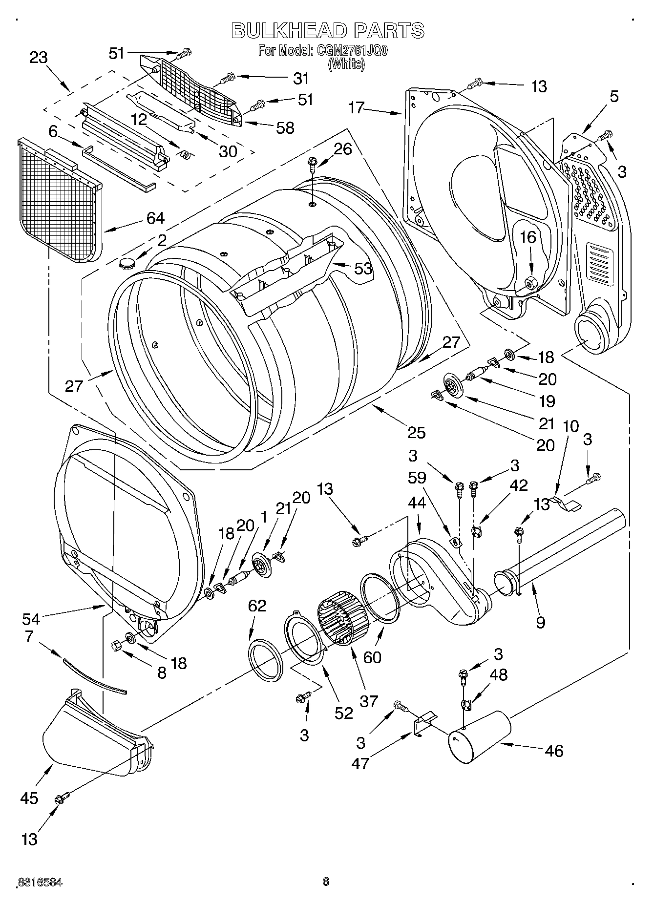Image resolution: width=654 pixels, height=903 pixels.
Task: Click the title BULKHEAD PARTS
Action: (x=327, y=30)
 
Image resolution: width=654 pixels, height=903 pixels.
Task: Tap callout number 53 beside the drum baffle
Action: (x=363, y=268)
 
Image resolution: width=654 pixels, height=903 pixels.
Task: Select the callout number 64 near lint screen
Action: (x=155, y=218)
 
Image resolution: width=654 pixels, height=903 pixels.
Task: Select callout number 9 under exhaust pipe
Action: (x=540, y=622)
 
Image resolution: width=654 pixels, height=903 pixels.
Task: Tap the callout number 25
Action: (x=417, y=432)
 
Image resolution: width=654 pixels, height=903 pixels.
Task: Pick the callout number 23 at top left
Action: (x=39, y=58)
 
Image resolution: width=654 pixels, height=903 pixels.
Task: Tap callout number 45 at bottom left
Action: (x=29, y=798)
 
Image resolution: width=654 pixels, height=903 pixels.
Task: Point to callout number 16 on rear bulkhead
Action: (x=527, y=238)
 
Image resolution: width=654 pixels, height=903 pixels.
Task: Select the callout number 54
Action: (x=31, y=619)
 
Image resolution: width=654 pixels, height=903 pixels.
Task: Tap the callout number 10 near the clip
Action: (x=570, y=426)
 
